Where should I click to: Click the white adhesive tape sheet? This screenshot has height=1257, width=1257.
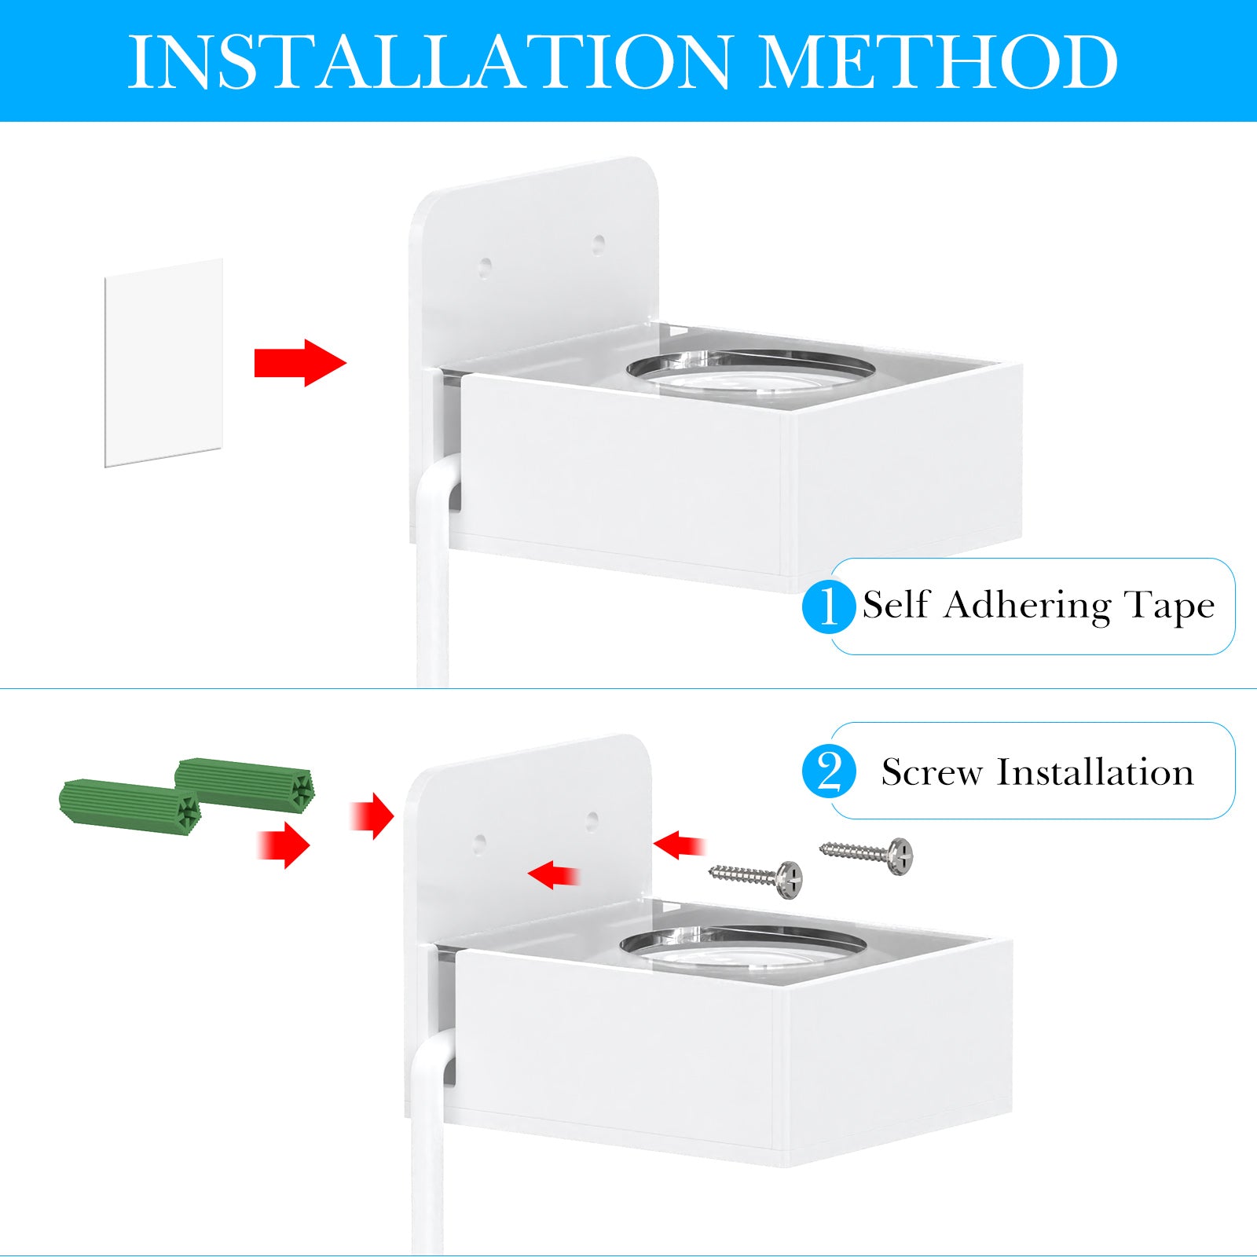click(x=163, y=362)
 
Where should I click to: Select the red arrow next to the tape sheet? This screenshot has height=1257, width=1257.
click(x=300, y=363)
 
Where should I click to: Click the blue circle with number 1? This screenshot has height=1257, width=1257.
click(x=829, y=606)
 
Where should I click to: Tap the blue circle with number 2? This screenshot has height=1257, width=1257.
click(x=829, y=772)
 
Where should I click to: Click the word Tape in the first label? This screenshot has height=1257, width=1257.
click(x=1170, y=606)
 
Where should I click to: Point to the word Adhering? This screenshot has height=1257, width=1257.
click(x=1028, y=606)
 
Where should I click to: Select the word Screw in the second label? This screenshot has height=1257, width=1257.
click(x=932, y=772)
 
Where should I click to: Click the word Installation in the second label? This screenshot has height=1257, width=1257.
click(x=1096, y=772)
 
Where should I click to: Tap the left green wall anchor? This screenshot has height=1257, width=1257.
click(x=130, y=801)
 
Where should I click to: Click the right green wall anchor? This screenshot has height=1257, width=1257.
click(x=245, y=782)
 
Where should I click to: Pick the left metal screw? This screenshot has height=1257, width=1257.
click(x=756, y=878)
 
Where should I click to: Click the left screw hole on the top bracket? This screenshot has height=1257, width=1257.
click(x=486, y=266)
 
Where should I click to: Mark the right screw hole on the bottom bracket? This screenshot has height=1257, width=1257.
click(x=592, y=822)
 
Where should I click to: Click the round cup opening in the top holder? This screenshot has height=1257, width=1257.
click(x=751, y=368)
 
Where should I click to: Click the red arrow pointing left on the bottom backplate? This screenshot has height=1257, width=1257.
click(x=554, y=874)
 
